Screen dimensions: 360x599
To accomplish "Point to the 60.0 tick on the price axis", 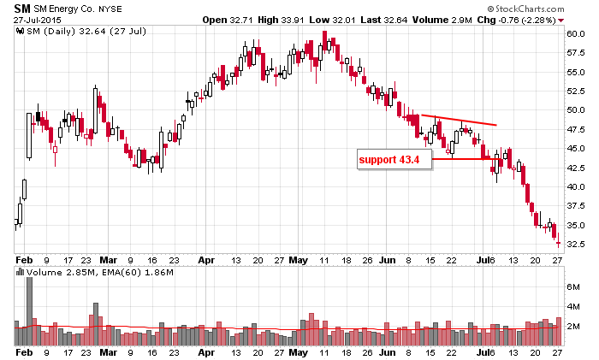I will click(578, 33).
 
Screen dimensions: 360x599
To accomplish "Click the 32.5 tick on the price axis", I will click(578, 244).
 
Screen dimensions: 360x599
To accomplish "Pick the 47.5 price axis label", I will click(578, 129).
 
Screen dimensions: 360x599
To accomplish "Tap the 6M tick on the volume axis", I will click(573, 288).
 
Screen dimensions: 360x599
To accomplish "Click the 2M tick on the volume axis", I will click(573, 326).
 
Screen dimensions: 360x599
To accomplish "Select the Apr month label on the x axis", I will click(206, 351).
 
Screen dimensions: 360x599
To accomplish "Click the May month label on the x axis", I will click(298, 351).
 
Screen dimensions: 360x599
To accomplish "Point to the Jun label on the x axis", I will click(388, 351).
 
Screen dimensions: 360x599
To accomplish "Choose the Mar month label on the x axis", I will click(108, 351).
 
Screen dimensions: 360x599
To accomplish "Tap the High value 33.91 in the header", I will click(333, 19).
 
